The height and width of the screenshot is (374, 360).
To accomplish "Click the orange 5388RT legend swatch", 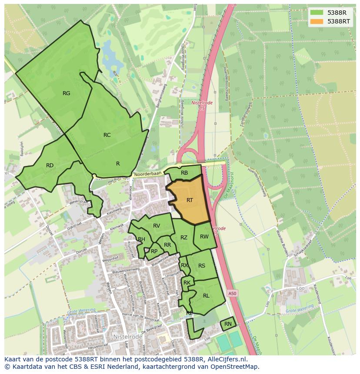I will [x=317, y=21].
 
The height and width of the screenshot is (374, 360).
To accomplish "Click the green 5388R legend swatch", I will [x=317, y=13].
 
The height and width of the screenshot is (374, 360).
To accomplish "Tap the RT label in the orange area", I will [x=190, y=200].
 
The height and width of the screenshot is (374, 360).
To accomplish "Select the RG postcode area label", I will [x=66, y=93].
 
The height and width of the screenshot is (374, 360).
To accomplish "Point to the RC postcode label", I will [x=107, y=135].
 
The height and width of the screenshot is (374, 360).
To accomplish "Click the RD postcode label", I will [x=50, y=165].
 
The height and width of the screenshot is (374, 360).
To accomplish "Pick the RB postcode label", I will [x=184, y=173].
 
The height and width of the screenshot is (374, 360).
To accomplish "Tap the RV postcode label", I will [x=157, y=225].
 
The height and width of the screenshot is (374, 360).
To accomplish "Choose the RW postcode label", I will [x=204, y=237].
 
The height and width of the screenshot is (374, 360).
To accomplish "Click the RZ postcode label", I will [x=184, y=237].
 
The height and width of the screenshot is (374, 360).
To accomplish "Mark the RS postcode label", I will [x=202, y=266].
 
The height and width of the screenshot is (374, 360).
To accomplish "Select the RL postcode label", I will [x=206, y=296].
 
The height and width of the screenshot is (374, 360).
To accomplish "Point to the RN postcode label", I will [x=228, y=324].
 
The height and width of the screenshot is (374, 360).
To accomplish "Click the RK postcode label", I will [x=187, y=283].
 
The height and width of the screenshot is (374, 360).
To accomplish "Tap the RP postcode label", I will [x=154, y=251].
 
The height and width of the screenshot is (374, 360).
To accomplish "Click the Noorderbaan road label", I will [x=147, y=174].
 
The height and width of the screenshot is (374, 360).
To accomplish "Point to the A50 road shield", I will [x=233, y=294].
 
